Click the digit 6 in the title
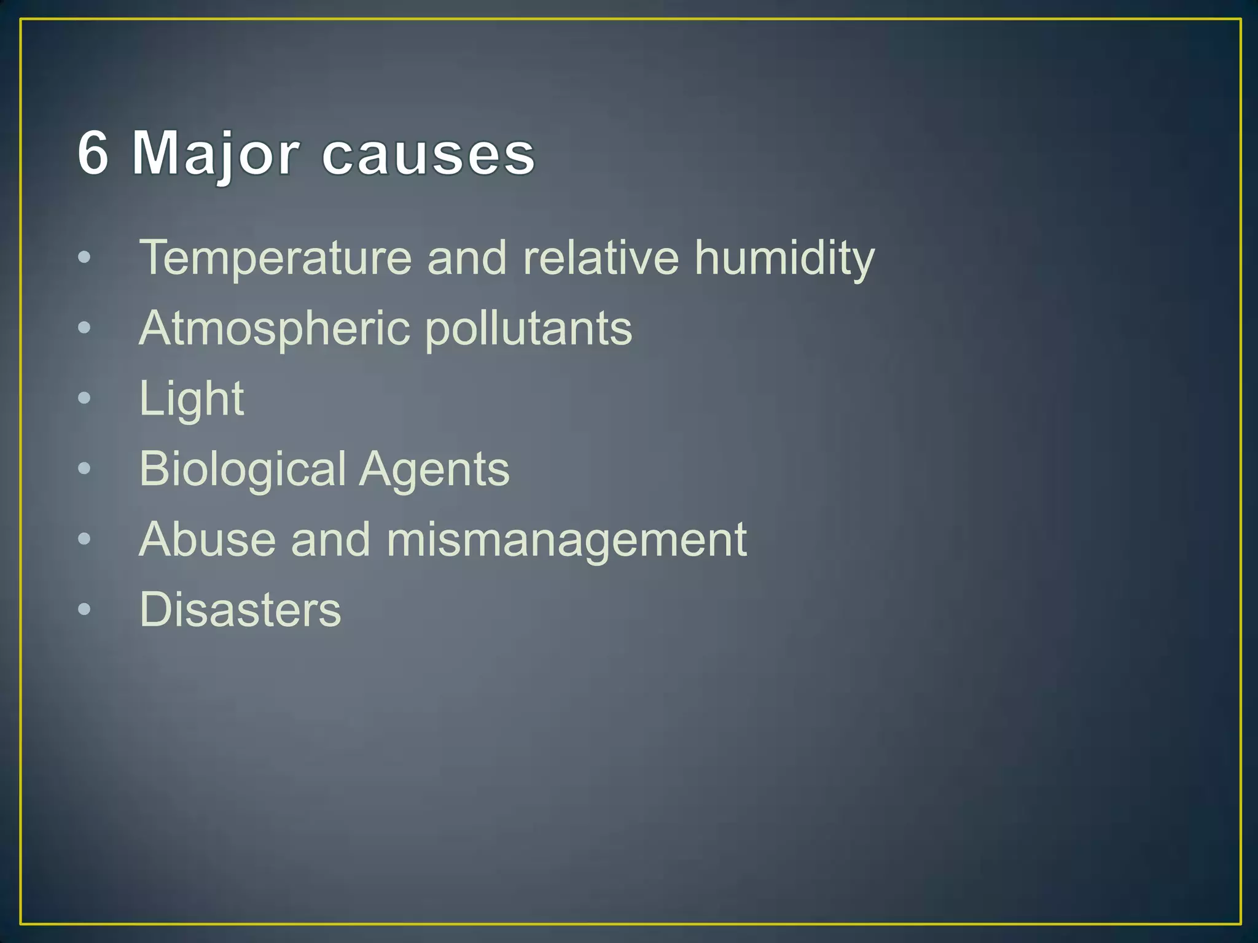(93, 153)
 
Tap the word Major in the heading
(216, 154)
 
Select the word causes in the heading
(428, 155)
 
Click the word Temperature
(275, 258)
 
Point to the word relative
(601, 257)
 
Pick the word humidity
(784, 258)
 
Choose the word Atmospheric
(275, 329)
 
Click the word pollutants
(528, 329)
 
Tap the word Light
(192, 399)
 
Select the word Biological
(243, 470)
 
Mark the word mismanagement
(566, 540)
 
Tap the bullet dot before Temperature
(84, 258)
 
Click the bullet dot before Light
(84, 398)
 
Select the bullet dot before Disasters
(84, 610)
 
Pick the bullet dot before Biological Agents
(84, 469)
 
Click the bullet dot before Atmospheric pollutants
(84, 328)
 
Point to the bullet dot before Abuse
(84, 539)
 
